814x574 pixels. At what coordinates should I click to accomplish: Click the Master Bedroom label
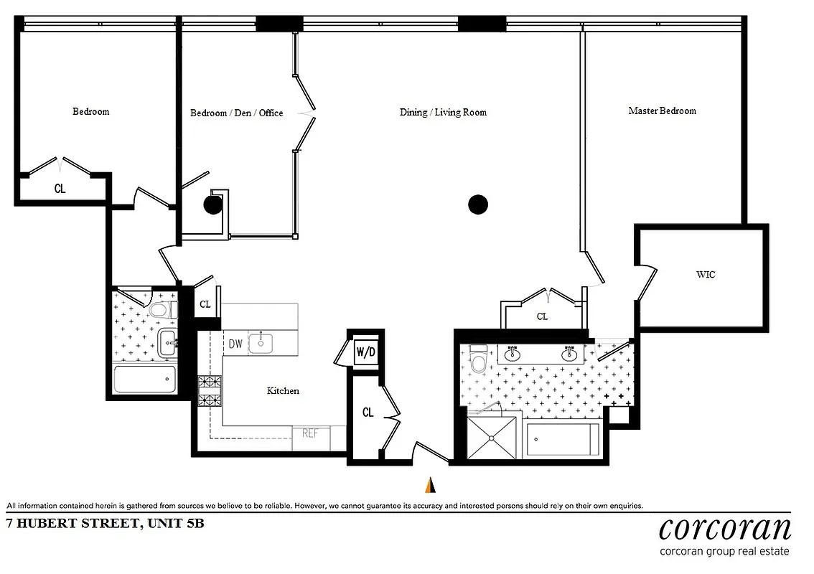pyautogui.click(x=662, y=111)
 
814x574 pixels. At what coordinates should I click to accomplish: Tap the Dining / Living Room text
pyautogui.click(x=443, y=113)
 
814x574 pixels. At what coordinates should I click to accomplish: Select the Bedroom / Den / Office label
pyautogui.click(x=236, y=113)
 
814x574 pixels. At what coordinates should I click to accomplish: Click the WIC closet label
pyautogui.click(x=705, y=275)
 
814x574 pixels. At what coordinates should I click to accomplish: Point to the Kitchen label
pyautogui.click(x=283, y=391)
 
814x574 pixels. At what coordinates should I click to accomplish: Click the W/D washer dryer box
pyautogui.click(x=365, y=352)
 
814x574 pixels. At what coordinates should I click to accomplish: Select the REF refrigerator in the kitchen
pyautogui.click(x=310, y=434)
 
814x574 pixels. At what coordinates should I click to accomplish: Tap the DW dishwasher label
pyautogui.click(x=235, y=344)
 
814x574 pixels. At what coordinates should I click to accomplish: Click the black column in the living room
pyautogui.click(x=478, y=205)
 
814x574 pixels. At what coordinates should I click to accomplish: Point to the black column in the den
pyautogui.click(x=212, y=205)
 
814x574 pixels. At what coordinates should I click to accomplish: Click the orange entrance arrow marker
pyautogui.click(x=430, y=486)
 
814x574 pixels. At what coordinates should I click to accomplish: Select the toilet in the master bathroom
pyautogui.click(x=479, y=359)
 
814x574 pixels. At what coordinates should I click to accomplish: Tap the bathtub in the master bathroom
pyautogui.click(x=563, y=438)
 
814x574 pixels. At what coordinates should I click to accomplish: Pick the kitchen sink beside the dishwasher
pyautogui.click(x=260, y=343)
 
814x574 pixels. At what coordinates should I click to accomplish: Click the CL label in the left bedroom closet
pyautogui.click(x=60, y=189)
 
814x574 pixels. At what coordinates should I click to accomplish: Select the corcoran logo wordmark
pyautogui.click(x=725, y=529)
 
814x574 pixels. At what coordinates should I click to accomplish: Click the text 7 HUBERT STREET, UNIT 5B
pyautogui.click(x=105, y=523)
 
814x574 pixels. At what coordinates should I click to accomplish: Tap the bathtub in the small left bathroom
pyautogui.click(x=145, y=378)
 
